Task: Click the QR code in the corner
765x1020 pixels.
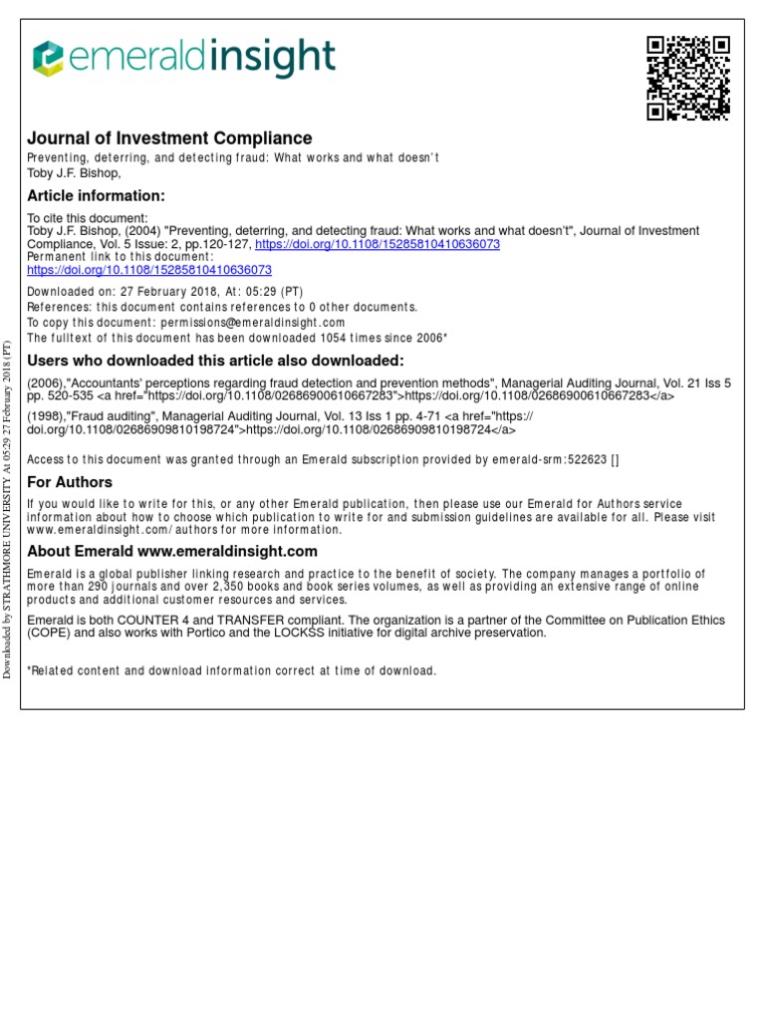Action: (x=688, y=78)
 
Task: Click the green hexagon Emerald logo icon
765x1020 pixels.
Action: (x=48, y=58)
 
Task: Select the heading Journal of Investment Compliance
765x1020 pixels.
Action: (x=169, y=138)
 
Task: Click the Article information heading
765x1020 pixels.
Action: (x=96, y=195)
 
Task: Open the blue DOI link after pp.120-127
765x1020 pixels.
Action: (x=378, y=244)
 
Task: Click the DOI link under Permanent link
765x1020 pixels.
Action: (x=149, y=270)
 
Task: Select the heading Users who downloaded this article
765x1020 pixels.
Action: (x=215, y=361)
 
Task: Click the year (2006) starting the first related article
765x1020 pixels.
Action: (x=46, y=382)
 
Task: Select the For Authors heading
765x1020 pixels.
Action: (x=70, y=483)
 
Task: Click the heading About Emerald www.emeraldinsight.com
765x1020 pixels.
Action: (x=172, y=551)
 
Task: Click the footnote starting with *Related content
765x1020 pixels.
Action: (x=231, y=671)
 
